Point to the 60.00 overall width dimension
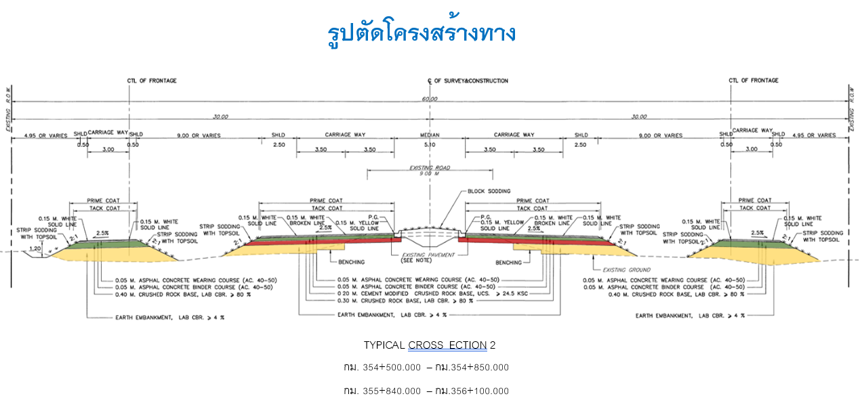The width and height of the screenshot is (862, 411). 430,99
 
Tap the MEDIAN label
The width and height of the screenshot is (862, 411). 430,135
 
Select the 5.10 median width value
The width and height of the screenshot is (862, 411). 430,145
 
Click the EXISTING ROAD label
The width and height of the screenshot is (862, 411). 430,167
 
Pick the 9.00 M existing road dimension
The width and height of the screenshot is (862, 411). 430,174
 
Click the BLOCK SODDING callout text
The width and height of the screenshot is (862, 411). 489,192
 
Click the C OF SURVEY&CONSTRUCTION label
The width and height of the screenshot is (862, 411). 468,81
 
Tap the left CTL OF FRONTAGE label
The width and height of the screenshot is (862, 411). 152,81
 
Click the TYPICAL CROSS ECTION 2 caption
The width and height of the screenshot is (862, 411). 430,345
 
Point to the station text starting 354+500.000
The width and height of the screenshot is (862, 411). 426,368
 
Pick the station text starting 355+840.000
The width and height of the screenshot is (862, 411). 426,391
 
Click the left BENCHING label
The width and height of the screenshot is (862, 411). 350,262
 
